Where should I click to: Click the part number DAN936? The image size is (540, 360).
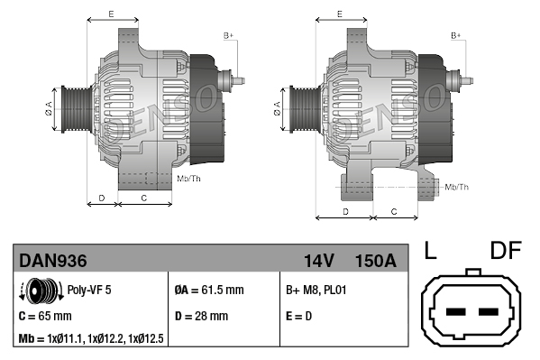coord(53,261)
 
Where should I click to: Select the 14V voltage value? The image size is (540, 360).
coord(319,261)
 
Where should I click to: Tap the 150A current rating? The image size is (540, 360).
coord(377,261)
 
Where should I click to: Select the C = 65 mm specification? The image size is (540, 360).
coord(45,316)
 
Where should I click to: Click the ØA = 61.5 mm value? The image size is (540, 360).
coord(208,291)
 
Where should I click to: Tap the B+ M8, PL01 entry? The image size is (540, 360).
coord(316,291)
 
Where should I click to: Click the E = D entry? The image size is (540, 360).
coord(300,316)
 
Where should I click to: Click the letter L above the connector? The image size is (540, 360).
coord(430,251)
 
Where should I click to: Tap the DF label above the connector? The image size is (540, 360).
coord(506,251)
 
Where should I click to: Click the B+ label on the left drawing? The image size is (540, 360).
coord(228,34)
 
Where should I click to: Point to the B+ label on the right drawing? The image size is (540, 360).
coord(456,34)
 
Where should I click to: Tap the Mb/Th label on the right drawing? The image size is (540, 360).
coord(457,187)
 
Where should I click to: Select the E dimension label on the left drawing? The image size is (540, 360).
coord(110,14)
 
